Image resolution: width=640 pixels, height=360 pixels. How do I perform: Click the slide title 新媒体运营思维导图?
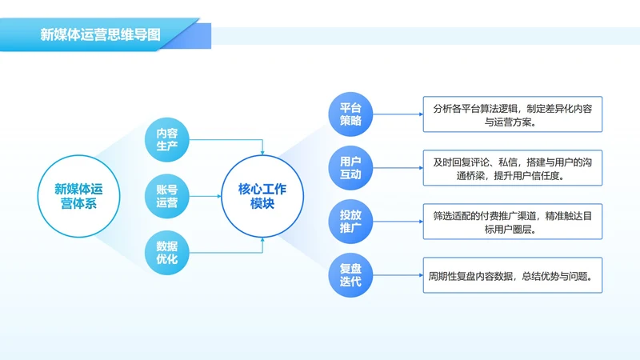[100, 35]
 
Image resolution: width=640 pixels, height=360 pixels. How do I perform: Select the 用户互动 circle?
[350, 167]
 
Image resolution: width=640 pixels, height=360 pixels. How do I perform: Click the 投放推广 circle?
[350, 222]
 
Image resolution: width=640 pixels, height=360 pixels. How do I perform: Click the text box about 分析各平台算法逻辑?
[512, 115]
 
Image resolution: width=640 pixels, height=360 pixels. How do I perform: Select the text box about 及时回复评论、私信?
[512, 169]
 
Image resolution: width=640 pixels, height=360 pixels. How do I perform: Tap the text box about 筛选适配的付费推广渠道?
[512, 222]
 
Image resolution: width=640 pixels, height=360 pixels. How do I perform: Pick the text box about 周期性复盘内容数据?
[512, 277]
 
